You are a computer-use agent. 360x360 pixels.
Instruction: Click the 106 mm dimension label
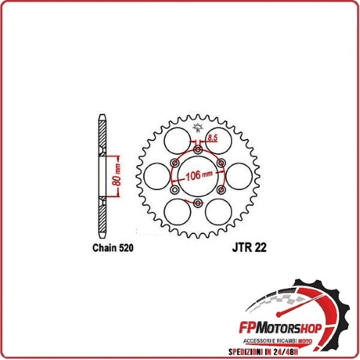coord(197,175)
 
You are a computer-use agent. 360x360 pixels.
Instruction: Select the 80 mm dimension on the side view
coord(116,174)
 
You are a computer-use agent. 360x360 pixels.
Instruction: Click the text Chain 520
coord(113,246)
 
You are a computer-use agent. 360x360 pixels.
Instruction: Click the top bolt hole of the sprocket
coord(197,150)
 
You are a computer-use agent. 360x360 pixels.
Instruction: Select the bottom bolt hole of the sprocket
coord(197,204)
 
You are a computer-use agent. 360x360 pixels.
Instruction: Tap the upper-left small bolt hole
coord(174,163)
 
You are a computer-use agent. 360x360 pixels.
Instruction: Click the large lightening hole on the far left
coord(156,176)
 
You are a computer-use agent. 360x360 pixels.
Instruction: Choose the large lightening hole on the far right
coord(238,176)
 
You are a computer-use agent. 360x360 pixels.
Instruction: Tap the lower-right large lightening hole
coord(217,212)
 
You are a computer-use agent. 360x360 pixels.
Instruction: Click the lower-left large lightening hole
coord(176,212)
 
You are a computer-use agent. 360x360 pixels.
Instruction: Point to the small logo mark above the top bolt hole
coord(197,130)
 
